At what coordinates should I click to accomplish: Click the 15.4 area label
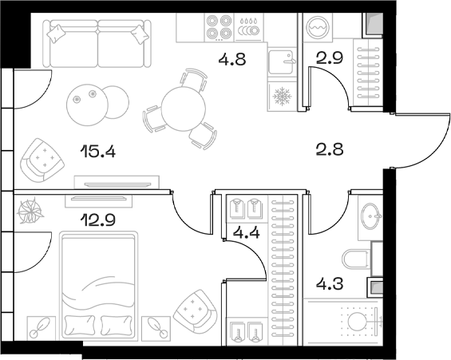[x=99, y=149]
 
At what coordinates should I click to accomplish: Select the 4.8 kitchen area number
[x=230, y=57]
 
